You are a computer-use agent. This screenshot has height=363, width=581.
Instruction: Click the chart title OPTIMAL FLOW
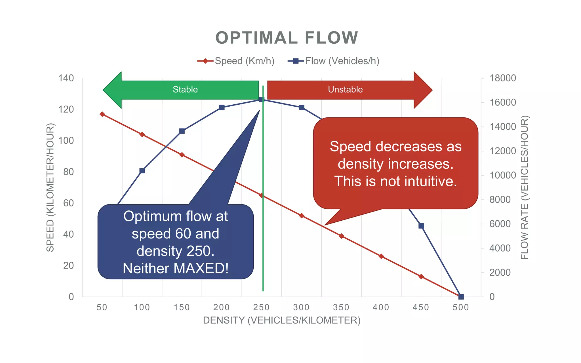click(x=287, y=38)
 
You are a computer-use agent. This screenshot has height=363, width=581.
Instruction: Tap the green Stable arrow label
click(x=185, y=90)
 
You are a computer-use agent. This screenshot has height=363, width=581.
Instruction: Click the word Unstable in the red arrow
click(x=345, y=90)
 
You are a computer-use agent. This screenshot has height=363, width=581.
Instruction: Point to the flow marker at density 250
click(x=262, y=100)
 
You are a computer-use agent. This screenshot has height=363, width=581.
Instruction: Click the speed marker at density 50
click(x=102, y=114)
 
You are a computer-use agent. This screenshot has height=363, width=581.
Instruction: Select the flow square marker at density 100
click(x=142, y=171)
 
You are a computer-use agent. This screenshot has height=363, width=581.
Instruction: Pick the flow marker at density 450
click(x=421, y=226)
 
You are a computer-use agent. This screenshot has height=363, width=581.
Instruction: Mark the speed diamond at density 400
click(x=381, y=256)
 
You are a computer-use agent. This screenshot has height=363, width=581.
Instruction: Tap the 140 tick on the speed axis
click(x=66, y=78)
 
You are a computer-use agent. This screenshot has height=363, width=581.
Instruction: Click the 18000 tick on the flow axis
click(x=503, y=78)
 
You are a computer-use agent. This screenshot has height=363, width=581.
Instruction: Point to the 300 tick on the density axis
click(x=301, y=307)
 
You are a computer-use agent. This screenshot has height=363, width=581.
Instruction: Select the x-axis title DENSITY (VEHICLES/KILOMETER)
click(x=282, y=320)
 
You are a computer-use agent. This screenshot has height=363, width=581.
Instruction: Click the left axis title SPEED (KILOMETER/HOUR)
click(x=50, y=187)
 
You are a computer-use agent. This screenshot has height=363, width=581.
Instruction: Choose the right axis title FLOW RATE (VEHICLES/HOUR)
click(x=525, y=187)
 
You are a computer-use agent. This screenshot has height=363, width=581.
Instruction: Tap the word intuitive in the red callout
click(x=428, y=181)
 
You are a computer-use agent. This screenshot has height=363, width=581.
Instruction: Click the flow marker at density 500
click(x=461, y=297)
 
